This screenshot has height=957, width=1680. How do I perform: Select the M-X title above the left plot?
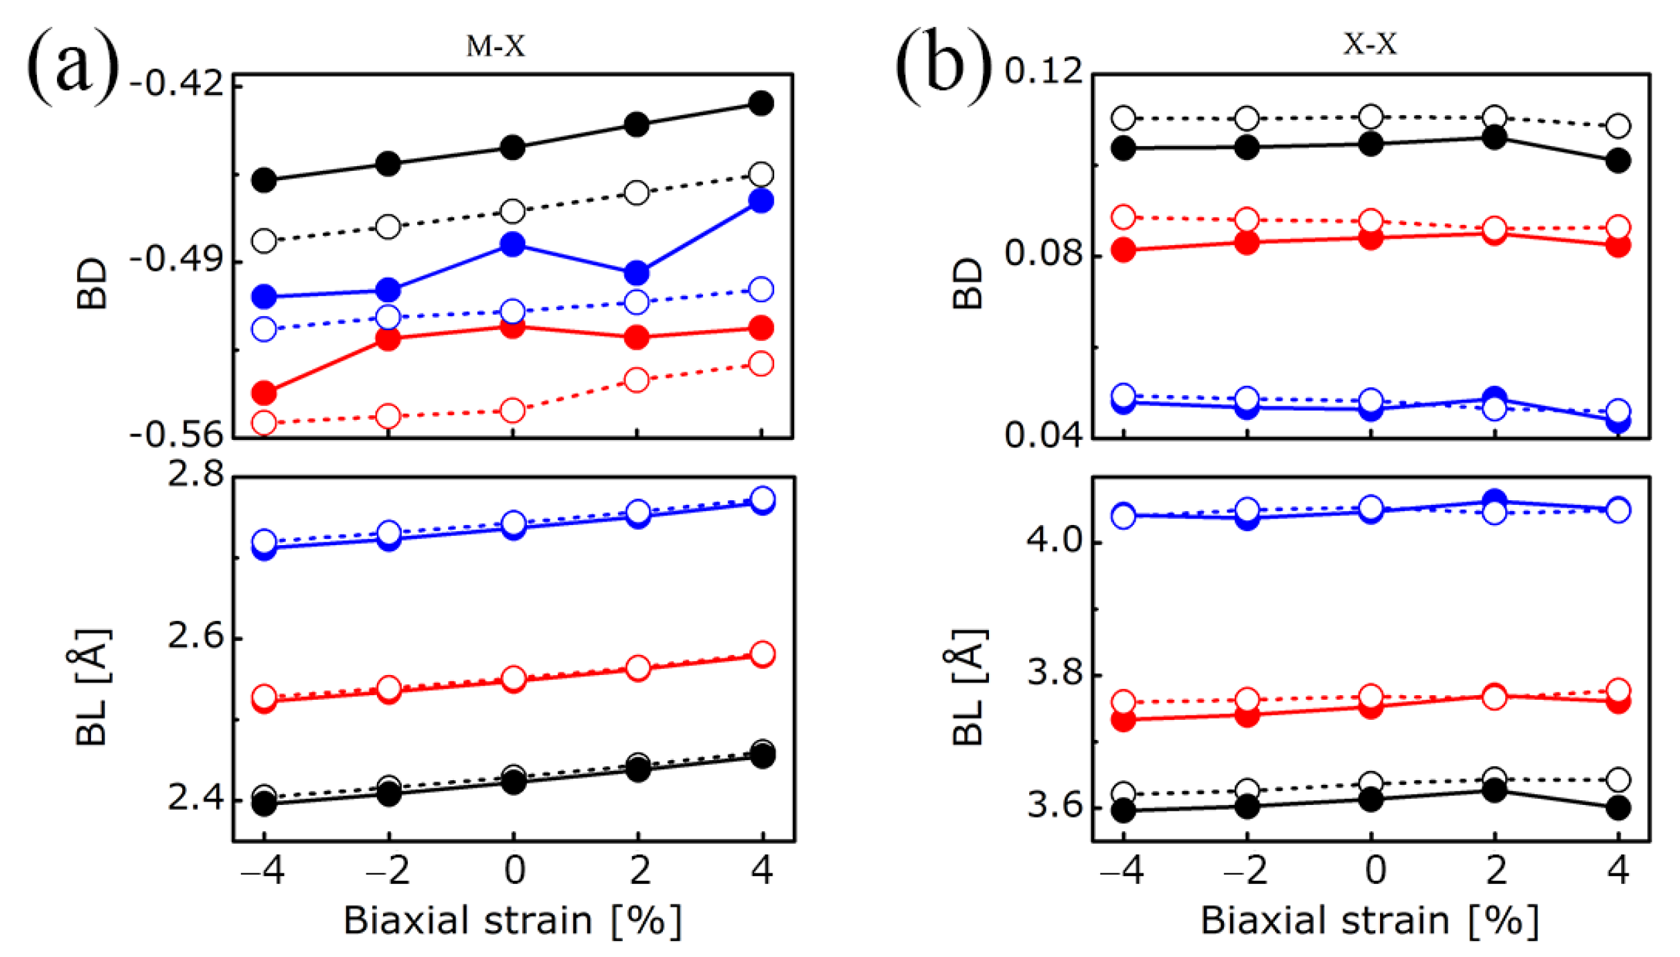(495, 46)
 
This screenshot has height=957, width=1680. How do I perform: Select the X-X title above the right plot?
(1370, 44)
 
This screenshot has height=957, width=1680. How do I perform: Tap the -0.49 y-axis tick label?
(176, 260)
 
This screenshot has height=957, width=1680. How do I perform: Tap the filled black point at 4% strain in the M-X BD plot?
(761, 103)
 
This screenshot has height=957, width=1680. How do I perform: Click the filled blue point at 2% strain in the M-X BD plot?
(636, 273)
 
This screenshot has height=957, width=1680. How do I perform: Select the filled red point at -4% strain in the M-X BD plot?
(264, 393)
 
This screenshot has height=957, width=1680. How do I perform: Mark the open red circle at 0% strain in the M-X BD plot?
(512, 410)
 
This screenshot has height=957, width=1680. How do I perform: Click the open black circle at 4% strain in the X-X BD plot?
(1618, 126)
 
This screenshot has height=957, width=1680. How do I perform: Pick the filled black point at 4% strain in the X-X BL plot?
(1618, 808)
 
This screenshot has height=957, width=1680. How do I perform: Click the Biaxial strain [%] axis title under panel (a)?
(512, 920)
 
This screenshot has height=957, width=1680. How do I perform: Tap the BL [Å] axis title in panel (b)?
(968, 687)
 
